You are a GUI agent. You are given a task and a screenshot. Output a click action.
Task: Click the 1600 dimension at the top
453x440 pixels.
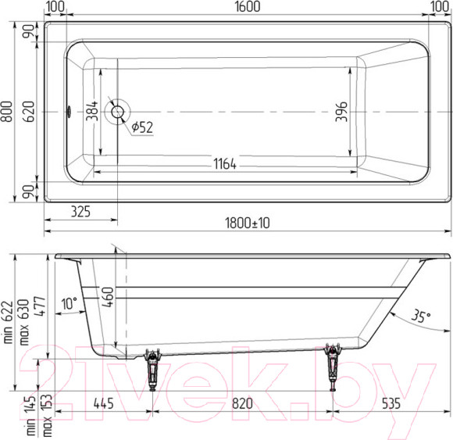(x=248, y=7)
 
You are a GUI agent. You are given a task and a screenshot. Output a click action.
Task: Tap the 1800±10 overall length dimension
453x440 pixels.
(x=248, y=224)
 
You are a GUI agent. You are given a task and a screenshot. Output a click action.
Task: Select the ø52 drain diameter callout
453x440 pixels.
(x=142, y=127)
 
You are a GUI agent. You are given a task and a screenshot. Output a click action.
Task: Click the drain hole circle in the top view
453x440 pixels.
(x=118, y=112)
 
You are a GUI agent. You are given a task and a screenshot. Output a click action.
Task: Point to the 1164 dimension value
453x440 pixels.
(x=225, y=164)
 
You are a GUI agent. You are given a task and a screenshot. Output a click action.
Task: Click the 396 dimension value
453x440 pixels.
(x=341, y=112)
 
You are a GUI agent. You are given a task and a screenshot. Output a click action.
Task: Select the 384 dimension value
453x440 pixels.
(x=92, y=111)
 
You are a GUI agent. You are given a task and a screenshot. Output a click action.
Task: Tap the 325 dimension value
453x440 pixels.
(x=80, y=212)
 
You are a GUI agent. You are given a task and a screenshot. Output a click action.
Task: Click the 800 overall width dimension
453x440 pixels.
(x=7, y=112)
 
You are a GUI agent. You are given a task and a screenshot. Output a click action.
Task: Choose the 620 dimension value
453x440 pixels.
(x=29, y=112)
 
